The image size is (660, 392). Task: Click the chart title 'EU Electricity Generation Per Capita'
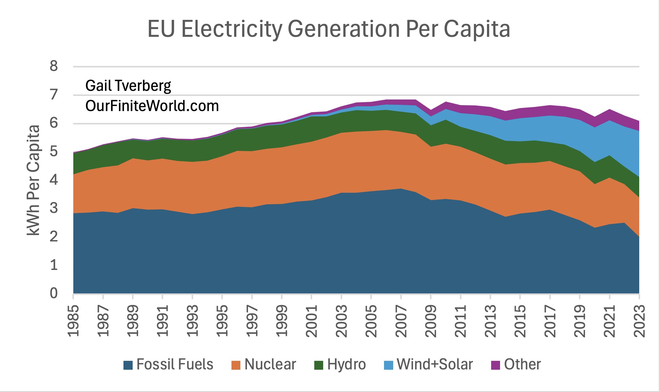point(329,29)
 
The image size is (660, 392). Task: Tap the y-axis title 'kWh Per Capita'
point(33,180)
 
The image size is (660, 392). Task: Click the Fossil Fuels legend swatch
point(128,365)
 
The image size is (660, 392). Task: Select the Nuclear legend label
point(270,364)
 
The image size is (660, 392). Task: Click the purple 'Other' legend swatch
point(495,365)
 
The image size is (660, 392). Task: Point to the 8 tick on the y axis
point(54,66)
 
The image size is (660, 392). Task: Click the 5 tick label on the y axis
point(54,151)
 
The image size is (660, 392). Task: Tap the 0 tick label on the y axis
point(54,293)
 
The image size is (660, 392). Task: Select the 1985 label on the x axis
point(73,321)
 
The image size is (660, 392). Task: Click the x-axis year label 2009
point(431,321)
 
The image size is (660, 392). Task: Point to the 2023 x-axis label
point(639,321)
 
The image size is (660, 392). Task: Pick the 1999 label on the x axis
point(282,321)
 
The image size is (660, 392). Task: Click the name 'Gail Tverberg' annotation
point(128,86)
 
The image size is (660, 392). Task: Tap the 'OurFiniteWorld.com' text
point(152,106)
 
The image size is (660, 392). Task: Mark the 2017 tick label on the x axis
point(550,321)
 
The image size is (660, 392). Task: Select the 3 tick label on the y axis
point(54,208)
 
